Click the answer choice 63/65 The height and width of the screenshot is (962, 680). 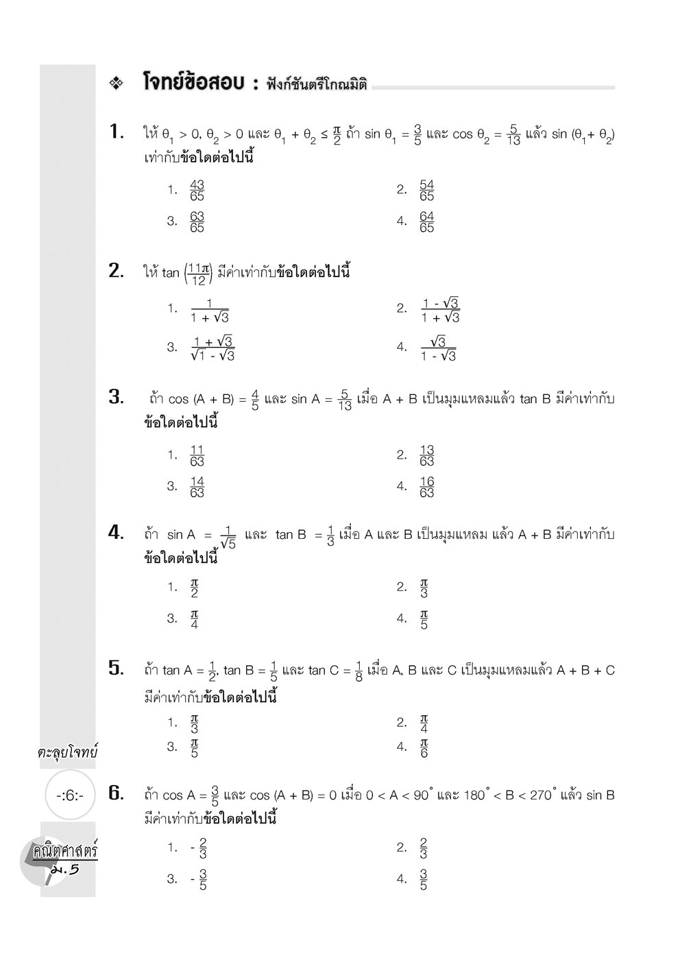coord(197,221)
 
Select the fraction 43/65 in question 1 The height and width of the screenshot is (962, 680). coord(197,190)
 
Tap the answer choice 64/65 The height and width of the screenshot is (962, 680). coord(426,221)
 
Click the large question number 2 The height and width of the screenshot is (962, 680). coord(116,271)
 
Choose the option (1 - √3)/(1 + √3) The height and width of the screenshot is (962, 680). coord(440,310)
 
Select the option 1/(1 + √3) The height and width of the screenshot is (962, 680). coord(209,310)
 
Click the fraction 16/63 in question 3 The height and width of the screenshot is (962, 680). coord(426,487)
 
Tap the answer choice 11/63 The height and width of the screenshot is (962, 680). coord(197,455)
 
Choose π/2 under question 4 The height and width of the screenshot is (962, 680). coord(195,588)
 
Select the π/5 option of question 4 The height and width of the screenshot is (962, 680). coord(424,619)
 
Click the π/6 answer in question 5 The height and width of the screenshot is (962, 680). coord(424,748)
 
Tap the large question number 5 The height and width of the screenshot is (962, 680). coord(116,668)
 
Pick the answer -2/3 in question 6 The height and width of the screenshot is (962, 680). coord(199,848)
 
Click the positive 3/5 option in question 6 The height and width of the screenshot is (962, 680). coord(423,879)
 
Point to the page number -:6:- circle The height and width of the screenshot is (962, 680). coord(69,795)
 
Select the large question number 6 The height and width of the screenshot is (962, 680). coord(116,793)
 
